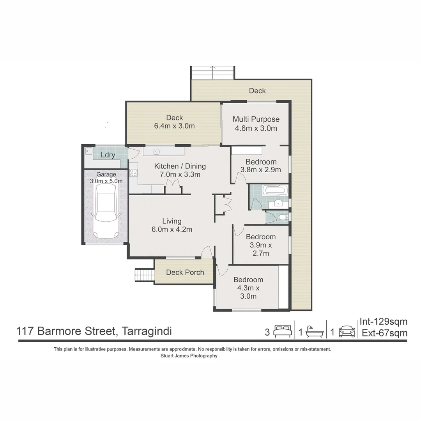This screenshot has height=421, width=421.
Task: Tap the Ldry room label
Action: (108, 155)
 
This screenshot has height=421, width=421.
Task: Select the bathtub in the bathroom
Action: (275, 191)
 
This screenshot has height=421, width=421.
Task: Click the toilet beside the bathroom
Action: (283, 218)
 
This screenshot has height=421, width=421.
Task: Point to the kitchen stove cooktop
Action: (133, 172)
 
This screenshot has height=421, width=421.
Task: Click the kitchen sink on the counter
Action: (156, 151)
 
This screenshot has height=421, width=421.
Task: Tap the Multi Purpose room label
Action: (256, 119)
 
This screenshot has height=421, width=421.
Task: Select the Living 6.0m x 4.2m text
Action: (172, 225)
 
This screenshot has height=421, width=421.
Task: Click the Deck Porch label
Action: (185, 272)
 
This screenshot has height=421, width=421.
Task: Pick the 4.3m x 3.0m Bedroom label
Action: (248, 288)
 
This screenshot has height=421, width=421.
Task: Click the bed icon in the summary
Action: (282, 331)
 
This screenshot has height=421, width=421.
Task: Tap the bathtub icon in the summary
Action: (315, 331)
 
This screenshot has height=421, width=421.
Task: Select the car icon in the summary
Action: (347, 331)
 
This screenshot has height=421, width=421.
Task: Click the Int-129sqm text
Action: (383, 322)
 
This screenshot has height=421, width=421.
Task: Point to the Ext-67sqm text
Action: (384, 333)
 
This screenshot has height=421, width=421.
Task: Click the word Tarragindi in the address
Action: (147, 331)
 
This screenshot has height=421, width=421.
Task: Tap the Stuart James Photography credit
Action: (189, 356)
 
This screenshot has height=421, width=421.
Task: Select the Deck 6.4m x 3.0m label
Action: (174, 122)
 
